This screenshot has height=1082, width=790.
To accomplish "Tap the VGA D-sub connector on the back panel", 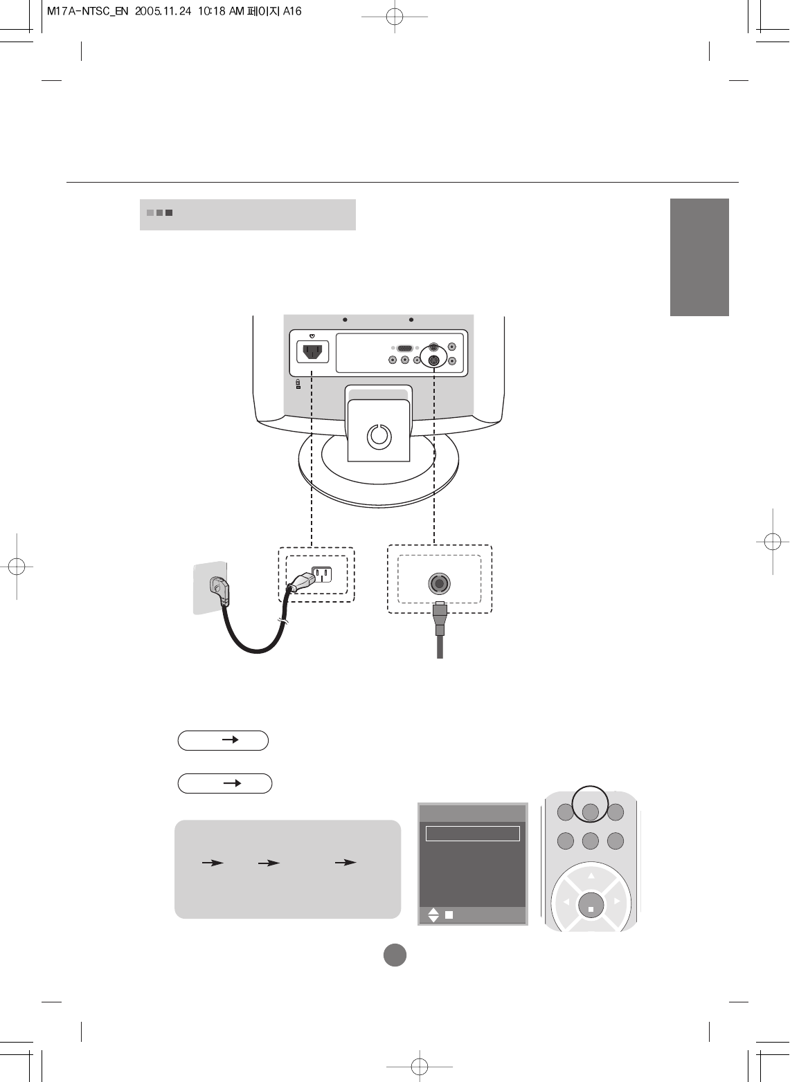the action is (x=405, y=349).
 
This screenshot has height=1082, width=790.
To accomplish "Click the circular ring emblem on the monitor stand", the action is (x=379, y=436).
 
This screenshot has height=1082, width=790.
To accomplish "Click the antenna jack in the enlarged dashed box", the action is (x=438, y=584).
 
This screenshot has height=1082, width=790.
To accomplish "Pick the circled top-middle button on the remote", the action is (x=590, y=812).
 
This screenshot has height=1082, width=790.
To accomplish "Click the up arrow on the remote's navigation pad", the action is (x=591, y=875).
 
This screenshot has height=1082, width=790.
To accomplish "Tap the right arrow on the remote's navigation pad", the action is (x=617, y=901).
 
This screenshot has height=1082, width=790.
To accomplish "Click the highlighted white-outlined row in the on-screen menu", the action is (x=472, y=833).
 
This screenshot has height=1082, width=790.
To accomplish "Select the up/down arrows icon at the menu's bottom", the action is (x=433, y=915).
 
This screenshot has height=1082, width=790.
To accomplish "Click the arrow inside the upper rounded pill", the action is (x=231, y=740).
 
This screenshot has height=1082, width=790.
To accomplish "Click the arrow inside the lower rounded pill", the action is (x=233, y=783).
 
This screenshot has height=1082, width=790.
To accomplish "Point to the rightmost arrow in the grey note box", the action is (x=345, y=863).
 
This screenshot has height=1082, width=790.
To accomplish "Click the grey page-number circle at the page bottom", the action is (x=395, y=955).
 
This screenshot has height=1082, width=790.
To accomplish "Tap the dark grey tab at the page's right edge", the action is (x=699, y=257).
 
